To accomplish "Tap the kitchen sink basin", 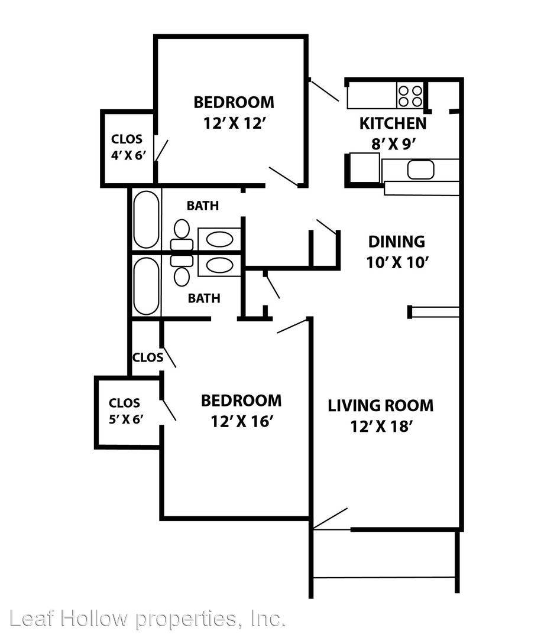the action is (x=420, y=170).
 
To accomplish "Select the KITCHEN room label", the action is (x=393, y=123).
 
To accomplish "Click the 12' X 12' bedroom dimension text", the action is (x=235, y=122).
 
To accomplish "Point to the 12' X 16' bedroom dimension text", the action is (x=241, y=422).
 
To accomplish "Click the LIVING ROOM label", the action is (x=381, y=406).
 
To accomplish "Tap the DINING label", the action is (x=397, y=242).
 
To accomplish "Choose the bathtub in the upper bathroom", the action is (x=146, y=219).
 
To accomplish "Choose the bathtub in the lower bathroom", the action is (x=146, y=287).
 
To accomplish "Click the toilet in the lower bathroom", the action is (x=182, y=270).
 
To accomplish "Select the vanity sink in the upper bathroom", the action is (x=219, y=239).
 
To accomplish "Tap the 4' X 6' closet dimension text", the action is (x=128, y=155).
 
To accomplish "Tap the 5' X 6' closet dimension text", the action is (x=126, y=419).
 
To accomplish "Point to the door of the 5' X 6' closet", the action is (x=169, y=410).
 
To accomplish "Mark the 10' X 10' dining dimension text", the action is (x=397, y=262).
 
